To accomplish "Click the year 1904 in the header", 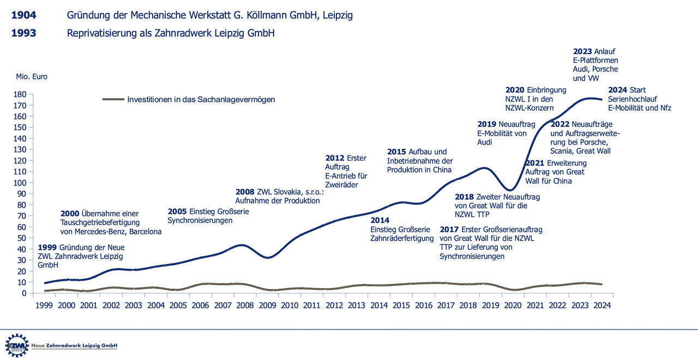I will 23,15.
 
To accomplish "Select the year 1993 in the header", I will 23,33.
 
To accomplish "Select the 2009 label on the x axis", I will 267,305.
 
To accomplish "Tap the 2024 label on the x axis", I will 601,305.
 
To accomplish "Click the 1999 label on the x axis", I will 44,305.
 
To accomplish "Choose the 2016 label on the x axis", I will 423,305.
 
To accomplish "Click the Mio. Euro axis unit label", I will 32,77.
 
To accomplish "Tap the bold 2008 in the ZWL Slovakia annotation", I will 245,192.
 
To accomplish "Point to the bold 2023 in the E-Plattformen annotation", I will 582,52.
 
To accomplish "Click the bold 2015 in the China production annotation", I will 396,152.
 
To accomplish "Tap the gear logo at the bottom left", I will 16,346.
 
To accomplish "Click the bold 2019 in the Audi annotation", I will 486,124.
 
